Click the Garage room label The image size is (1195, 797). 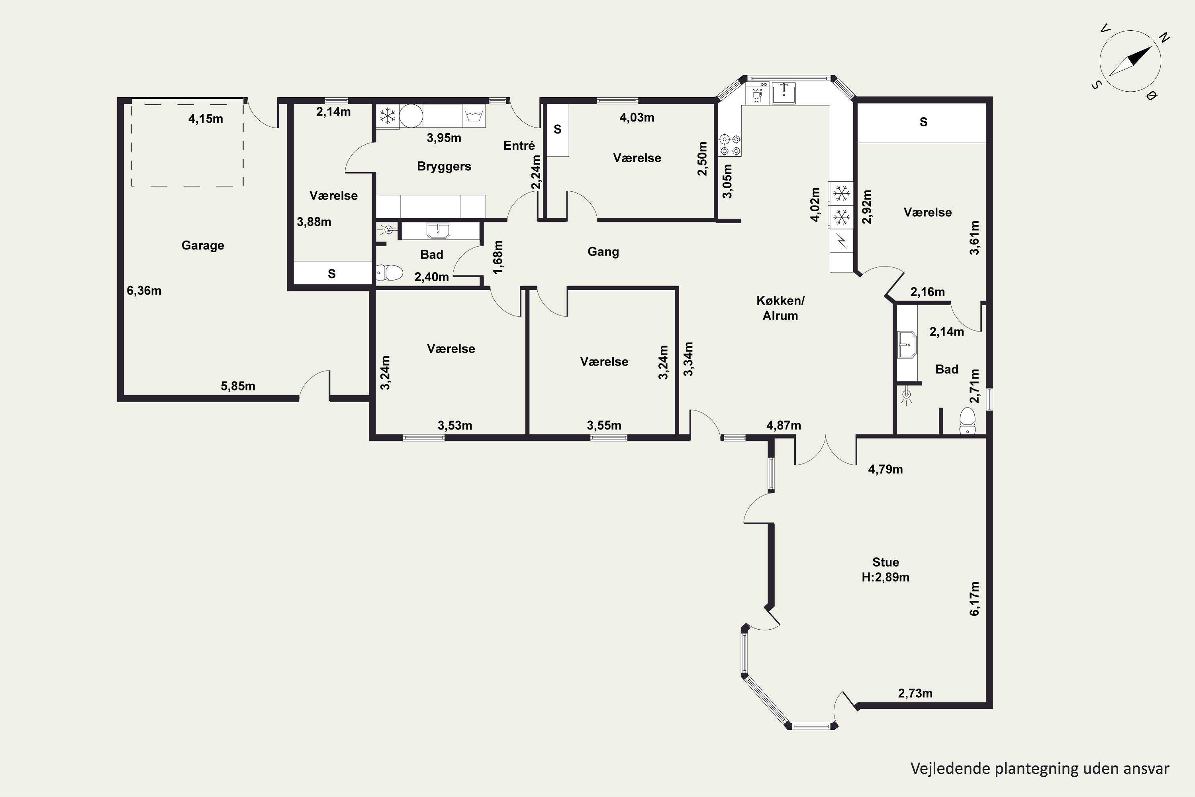tap(203, 245)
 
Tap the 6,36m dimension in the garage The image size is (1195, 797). tap(144, 291)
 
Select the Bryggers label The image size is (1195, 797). tap(444, 166)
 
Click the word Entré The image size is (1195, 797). tap(519, 146)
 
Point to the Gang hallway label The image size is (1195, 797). tap(603, 251)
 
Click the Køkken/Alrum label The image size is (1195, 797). tap(780, 308)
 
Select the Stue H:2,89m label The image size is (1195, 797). tap(885, 569)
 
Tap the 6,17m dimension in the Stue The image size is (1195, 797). tap(974, 599)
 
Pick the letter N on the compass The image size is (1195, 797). tap(1164, 37)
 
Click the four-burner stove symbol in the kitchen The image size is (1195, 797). tap(730, 144)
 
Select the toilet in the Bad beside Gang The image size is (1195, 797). tap(389, 273)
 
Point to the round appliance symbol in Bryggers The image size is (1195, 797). tap(411, 116)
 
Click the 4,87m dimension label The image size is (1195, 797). tap(784, 426)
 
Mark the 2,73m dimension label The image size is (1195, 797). tap(915, 693)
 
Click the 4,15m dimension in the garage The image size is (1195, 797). tap(206, 119)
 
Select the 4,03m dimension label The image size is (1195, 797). tap(637, 118)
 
